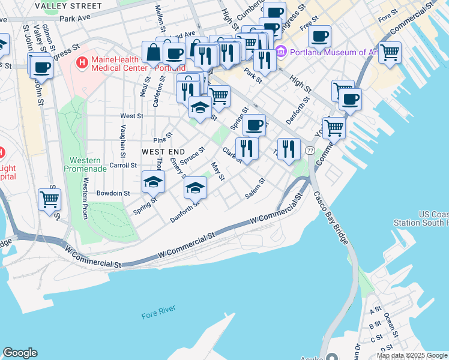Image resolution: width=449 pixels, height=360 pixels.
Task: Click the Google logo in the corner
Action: [20, 353]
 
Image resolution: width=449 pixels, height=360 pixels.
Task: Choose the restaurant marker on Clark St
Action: [247, 147]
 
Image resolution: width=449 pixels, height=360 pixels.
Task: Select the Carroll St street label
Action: [123, 165]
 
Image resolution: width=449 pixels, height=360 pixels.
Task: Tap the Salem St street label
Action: [255, 188]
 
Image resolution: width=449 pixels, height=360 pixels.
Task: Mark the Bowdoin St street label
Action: [114, 193]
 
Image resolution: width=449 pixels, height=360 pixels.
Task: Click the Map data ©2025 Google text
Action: [411, 355]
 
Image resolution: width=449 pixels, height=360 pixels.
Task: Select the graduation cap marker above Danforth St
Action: [194, 188]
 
